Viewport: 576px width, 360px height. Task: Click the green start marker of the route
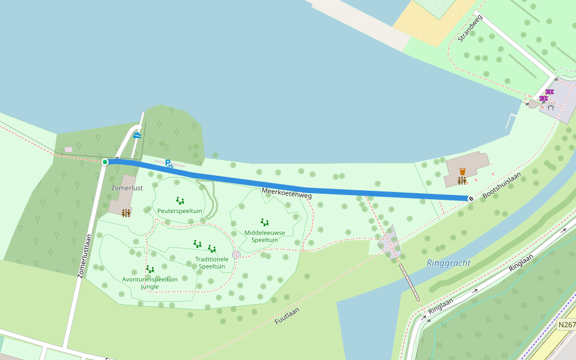pos(105,162)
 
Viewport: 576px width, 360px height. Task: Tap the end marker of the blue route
pos(471,199)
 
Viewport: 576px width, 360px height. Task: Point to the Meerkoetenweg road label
pos(287,193)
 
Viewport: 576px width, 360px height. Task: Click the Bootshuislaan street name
pos(502,186)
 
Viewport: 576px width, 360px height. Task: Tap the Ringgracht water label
pos(448,263)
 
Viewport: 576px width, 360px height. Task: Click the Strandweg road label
pos(470,28)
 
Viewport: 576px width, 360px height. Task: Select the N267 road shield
pos(566,325)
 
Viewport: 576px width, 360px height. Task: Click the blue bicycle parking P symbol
pos(169,163)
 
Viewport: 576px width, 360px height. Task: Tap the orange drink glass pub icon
pos(462,172)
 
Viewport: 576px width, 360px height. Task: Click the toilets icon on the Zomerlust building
pos(126,213)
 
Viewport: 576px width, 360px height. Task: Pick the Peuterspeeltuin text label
pos(179,211)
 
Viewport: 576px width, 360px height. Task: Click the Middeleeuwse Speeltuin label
pos(265,236)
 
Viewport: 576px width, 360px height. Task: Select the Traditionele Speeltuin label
pos(212,263)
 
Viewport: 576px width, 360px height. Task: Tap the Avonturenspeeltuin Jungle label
pos(150,283)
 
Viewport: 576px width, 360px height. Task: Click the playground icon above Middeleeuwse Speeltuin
pos(265,222)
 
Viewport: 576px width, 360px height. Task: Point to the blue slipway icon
pos(137,135)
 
